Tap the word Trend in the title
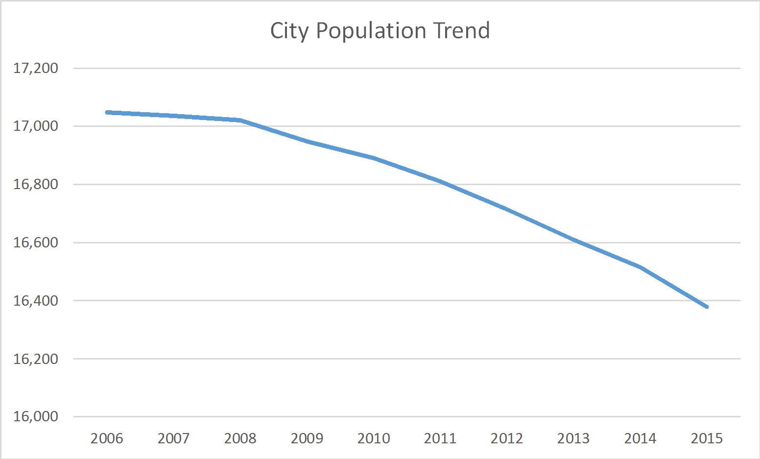pos(461,31)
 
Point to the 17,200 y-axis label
pos(36,68)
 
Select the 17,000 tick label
pos(36,126)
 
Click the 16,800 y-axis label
pos(36,185)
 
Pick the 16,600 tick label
pos(36,242)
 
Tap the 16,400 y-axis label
pos(36,301)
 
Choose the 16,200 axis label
pos(36,359)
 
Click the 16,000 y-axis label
pos(36,417)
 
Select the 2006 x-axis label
pos(107,438)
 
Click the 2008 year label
pos(240,438)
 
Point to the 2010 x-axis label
pos(374,438)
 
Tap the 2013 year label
pos(573,438)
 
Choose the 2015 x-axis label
pos(707,438)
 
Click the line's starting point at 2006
pos(107,112)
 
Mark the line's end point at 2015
pos(707,307)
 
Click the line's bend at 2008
pos(240,120)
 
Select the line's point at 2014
pos(640,267)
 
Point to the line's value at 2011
pos(440,181)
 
